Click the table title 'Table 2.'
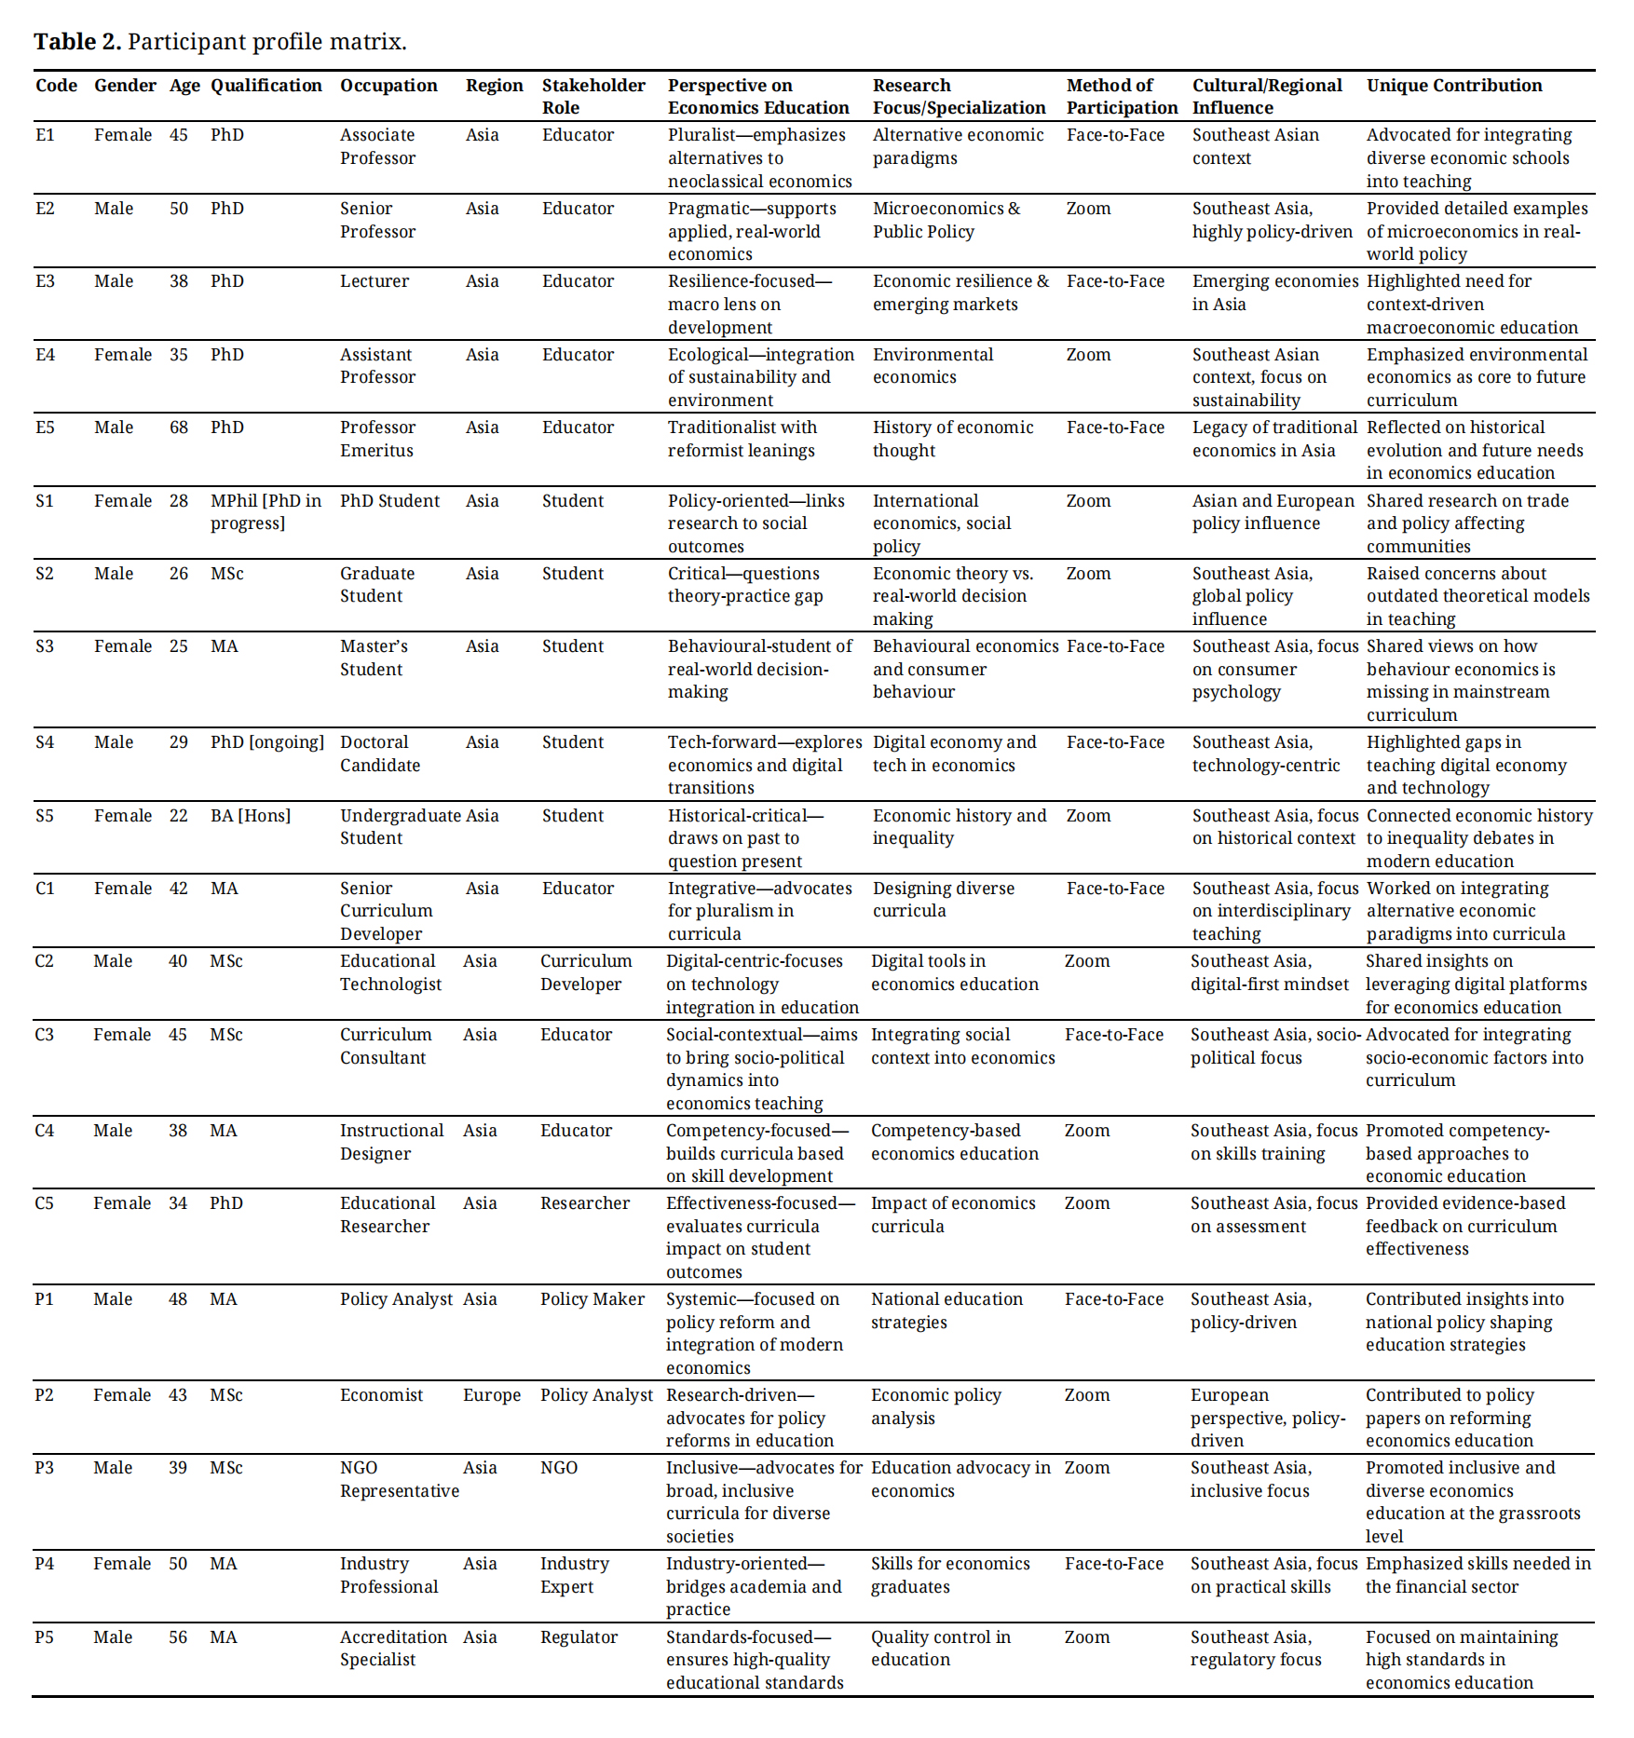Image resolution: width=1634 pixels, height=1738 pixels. point(77,42)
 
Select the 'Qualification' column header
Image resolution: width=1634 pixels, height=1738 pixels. point(266,86)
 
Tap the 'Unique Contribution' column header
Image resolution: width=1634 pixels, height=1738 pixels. point(1453,86)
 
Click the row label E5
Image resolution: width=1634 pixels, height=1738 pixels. point(45,428)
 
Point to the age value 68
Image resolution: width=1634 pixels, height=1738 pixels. point(179,428)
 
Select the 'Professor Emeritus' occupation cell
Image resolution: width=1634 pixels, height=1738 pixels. point(377,439)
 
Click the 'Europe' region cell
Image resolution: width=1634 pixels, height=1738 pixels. point(492,1395)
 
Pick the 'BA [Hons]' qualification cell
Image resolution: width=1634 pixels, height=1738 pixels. point(250,816)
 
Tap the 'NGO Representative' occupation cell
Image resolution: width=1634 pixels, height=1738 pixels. point(399,1479)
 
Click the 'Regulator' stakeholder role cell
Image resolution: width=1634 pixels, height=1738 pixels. point(579,1637)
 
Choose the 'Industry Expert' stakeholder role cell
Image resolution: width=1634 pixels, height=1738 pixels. point(574,1575)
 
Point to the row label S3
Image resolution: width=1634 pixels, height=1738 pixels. point(45,646)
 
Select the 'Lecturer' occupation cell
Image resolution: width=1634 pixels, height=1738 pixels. point(374,281)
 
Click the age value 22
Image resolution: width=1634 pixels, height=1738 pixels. point(179,816)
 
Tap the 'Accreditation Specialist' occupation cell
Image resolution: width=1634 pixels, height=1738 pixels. point(393,1649)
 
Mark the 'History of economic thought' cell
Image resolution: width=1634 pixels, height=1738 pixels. point(952,439)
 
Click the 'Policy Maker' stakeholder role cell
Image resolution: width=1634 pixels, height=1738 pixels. point(592,1299)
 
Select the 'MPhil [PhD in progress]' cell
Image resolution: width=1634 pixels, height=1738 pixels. point(266,512)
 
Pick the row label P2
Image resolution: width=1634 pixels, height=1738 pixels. point(44,1395)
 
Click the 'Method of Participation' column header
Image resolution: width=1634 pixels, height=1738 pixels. point(1121,97)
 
